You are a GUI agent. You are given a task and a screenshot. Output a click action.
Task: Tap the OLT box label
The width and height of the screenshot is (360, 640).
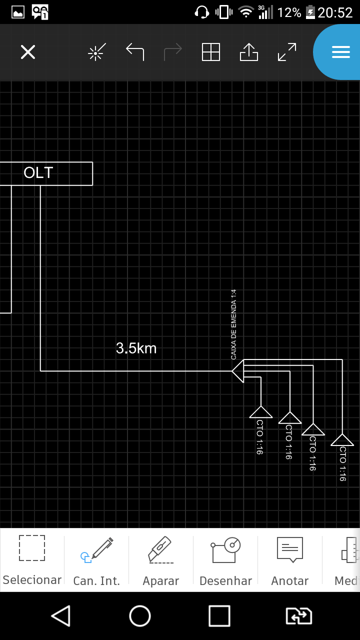38,173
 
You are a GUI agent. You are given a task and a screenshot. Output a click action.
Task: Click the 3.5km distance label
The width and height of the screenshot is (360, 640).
136,348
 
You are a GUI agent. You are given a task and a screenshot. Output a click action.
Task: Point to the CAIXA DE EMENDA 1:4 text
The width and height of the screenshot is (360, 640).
233,324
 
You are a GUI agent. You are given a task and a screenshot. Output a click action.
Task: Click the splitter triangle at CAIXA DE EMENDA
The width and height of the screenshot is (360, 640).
238,371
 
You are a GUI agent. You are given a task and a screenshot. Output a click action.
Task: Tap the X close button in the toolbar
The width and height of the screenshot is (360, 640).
28,52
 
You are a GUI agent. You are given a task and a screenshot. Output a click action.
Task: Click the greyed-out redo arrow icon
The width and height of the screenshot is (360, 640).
173,52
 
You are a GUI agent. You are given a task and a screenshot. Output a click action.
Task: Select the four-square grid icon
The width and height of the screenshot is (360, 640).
211,52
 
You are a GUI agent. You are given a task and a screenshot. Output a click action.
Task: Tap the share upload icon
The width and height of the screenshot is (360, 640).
249,52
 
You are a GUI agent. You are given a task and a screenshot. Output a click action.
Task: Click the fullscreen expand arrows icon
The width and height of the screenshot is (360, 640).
287,52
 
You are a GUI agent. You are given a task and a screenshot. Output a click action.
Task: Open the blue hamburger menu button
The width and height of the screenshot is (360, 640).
340,52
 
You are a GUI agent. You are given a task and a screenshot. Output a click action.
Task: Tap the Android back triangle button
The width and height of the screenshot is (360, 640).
61,616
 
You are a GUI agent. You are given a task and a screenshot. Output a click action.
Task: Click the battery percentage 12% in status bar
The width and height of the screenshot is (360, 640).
289,12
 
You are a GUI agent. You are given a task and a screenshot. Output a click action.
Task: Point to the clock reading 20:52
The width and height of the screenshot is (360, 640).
335,12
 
